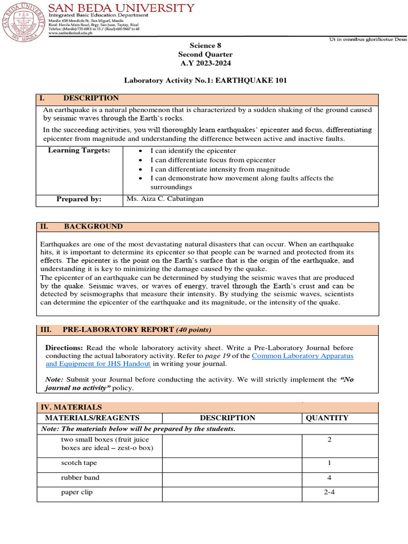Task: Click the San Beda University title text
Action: (121, 8)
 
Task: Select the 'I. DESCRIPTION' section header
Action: (80, 98)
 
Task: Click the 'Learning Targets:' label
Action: (79, 150)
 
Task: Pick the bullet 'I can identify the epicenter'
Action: (193, 151)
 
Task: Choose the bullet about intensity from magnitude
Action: (212, 169)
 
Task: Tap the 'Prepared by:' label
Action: (79, 199)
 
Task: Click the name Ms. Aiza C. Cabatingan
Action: (165, 199)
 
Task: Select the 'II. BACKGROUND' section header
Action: (82, 226)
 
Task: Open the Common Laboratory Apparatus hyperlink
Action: (302, 355)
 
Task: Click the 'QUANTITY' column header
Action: (327, 418)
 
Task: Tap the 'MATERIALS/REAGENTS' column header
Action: (92, 418)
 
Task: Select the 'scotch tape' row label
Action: (79, 463)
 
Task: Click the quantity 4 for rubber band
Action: (329, 478)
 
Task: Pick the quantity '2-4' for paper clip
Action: (329, 492)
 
